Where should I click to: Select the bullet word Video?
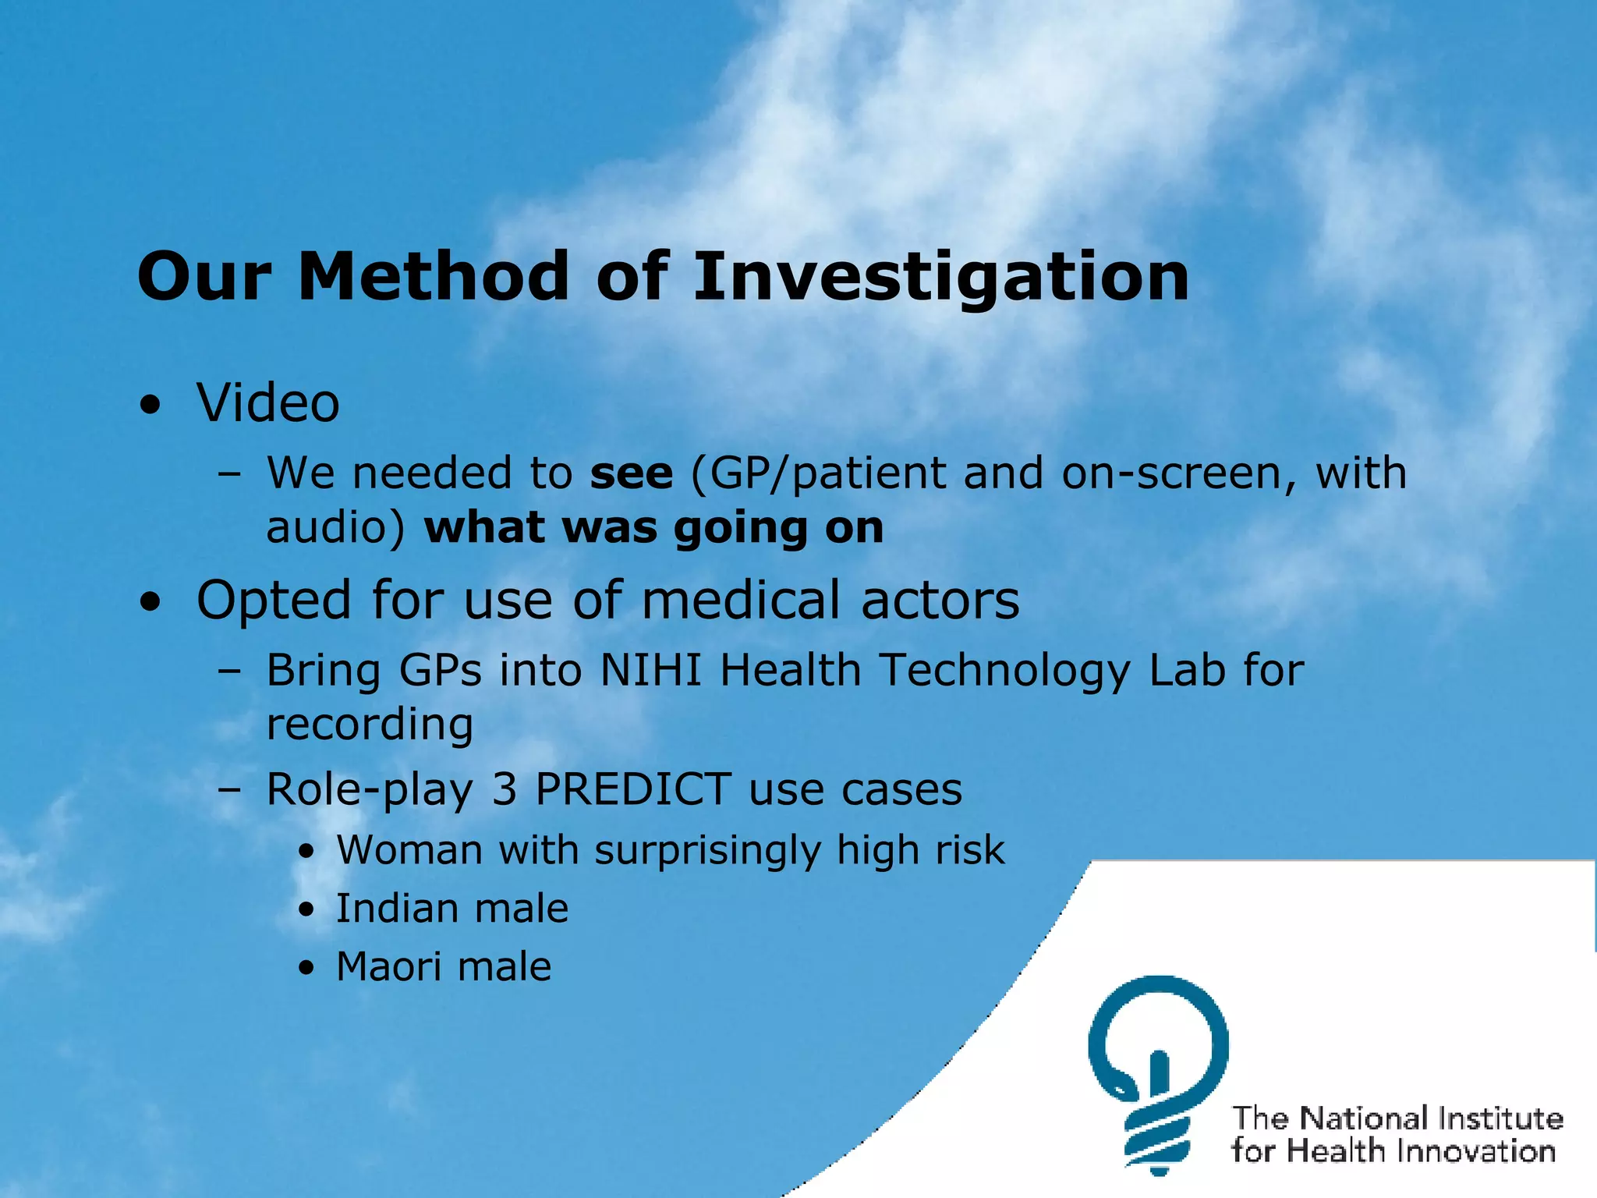[267, 403]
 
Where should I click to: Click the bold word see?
[632, 473]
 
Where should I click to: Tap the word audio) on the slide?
[335, 528]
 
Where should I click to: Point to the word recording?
[370, 725]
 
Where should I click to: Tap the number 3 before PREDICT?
[505, 789]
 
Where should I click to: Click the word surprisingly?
[707, 851]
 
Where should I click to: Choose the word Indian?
[396, 909]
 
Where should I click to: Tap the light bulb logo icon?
[1158, 1072]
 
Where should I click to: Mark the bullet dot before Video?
[150, 406]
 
